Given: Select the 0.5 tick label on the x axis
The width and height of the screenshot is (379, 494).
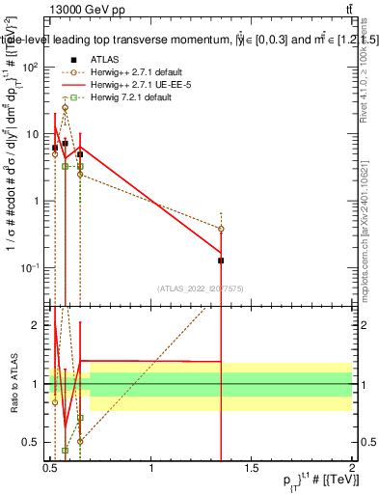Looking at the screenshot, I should coord(51,466).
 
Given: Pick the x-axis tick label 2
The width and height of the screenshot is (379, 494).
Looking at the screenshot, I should coord(351,466).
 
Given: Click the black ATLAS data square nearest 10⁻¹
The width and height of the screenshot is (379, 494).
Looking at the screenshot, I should coord(221,261).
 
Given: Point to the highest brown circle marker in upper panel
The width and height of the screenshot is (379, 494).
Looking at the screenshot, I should coord(65,108).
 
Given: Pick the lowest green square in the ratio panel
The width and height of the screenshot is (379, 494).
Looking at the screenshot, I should coord(65,450).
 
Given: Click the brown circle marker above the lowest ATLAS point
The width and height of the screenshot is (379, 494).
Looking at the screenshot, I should coord(221,229).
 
